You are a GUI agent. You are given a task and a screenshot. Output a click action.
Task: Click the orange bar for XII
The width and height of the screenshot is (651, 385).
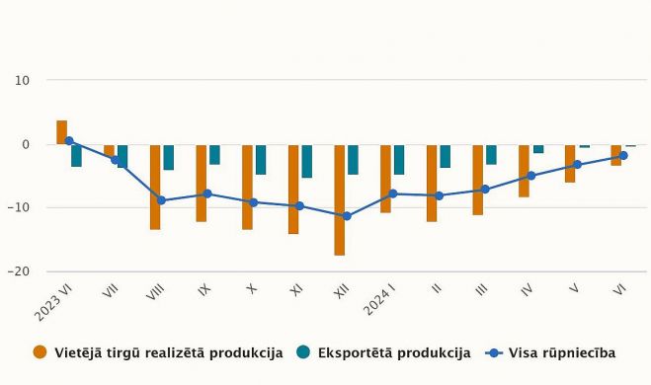point(340,199)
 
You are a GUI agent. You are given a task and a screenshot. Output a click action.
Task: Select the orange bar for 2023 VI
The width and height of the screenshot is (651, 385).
point(62,132)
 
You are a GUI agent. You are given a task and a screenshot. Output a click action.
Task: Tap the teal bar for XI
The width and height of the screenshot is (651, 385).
point(307,161)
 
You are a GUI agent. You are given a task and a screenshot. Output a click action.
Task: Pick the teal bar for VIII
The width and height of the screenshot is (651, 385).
point(169,157)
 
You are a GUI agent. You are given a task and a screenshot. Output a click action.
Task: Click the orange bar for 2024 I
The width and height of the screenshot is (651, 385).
point(385,179)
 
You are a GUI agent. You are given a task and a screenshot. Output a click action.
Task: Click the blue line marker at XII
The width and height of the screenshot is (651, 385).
point(346,216)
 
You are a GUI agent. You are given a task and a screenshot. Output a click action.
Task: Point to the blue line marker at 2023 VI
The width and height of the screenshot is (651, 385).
point(69,141)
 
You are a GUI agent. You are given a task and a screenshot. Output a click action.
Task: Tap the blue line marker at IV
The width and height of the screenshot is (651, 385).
point(530,176)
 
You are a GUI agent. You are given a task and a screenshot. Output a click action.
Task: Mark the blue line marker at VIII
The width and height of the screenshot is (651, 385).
point(162,200)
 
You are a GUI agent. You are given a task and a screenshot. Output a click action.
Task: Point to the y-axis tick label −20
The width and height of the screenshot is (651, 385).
point(20,271)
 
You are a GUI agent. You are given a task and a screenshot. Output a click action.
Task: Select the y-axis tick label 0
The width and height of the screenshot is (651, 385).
point(27,144)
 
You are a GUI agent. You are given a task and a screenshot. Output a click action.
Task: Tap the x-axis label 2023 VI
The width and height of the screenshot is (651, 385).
point(56,301)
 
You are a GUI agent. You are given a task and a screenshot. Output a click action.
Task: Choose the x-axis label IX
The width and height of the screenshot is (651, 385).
point(204,291)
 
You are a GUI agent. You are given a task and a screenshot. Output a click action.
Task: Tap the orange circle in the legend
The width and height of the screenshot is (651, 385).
point(41,352)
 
